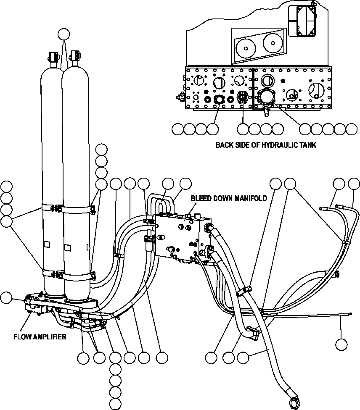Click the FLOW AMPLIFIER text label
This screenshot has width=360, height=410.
pyautogui.click(x=40, y=336)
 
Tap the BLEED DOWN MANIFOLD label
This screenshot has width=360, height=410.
pyautogui.click(x=228, y=198)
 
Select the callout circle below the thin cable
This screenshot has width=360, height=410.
pyautogui.click(x=341, y=345)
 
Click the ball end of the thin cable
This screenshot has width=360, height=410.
pyautogui.click(x=350, y=313)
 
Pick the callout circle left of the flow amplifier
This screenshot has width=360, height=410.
pyautogui.click(x=6, y=297)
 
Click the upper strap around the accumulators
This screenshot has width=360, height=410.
pyautogui.click(x=67, y=208)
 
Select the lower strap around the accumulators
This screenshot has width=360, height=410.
pyautogui.click(x=67, y=276)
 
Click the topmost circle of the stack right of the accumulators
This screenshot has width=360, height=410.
pyautogui.click(x=101, y=149)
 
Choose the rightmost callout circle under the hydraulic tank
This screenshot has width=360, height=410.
pyautogui.click(x=351, y=129)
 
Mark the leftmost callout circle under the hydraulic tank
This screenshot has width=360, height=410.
pyautogui.click(x=178, y=129)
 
